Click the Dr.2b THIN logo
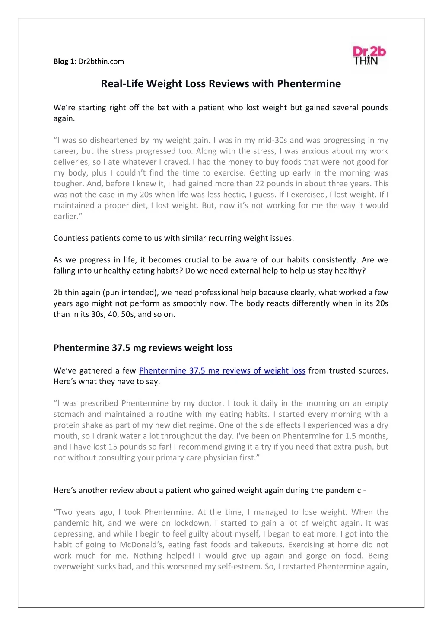click(369, 56)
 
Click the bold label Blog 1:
click(65, 61)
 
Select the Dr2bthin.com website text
click(101, 61)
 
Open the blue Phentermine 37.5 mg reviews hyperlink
click(222, 371)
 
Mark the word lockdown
click(192, 523)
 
